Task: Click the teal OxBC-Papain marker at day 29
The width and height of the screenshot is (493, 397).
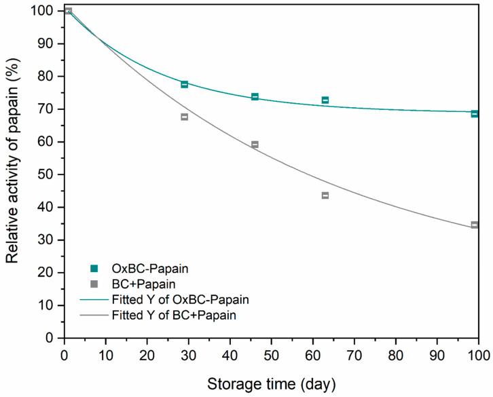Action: click(184, 84)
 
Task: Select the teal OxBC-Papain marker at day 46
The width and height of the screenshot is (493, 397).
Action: click(255, 97)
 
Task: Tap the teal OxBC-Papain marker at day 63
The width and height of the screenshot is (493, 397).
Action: click(325, 100)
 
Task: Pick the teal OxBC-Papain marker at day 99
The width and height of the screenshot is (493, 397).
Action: click(475, 114)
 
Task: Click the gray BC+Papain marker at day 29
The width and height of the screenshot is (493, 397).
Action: click(184, 117)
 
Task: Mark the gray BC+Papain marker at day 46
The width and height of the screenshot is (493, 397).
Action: click(255, 145)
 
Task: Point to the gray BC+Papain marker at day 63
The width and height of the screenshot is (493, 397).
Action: click(325, 195)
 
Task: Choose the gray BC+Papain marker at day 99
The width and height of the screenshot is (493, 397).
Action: click(475, 225)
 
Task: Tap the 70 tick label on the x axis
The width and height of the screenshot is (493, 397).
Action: click(354, 354)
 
